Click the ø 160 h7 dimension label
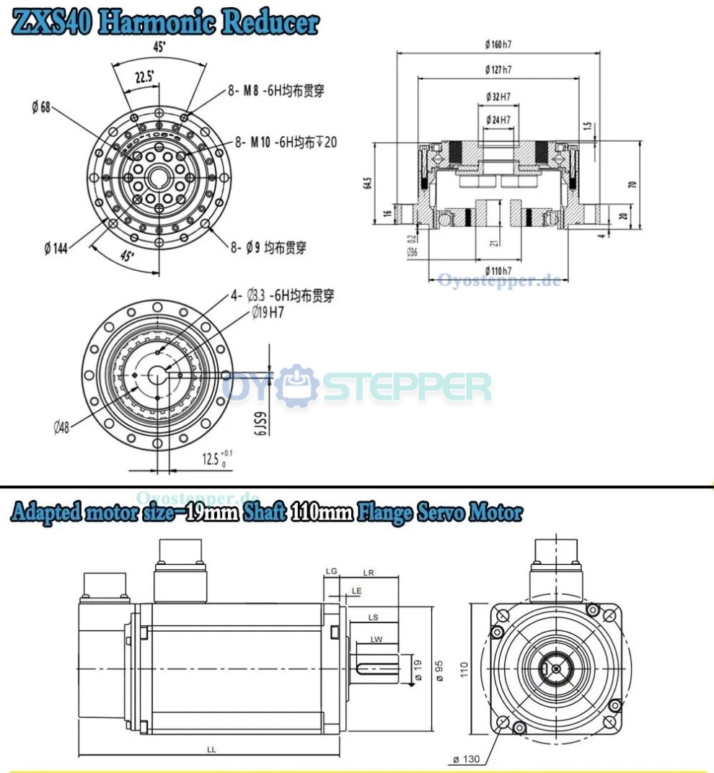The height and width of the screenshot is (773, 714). click(498, 45)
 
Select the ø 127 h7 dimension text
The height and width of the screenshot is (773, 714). click(498, 70)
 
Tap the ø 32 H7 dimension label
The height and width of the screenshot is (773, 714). click(498, 96)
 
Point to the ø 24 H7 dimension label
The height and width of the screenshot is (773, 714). click(498, 119)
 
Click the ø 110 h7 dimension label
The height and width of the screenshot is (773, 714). click(498, 270)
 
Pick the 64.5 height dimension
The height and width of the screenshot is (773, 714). click(369, 183)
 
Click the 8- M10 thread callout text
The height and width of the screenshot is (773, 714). click(286, 142)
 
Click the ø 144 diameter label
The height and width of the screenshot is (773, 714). click(57, 248)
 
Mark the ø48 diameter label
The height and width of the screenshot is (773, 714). click(61, 427)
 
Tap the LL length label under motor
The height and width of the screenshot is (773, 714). click(211, 749)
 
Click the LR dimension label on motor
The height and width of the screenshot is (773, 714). click(369, 573)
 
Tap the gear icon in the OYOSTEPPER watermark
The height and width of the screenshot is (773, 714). click(299, 385)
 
